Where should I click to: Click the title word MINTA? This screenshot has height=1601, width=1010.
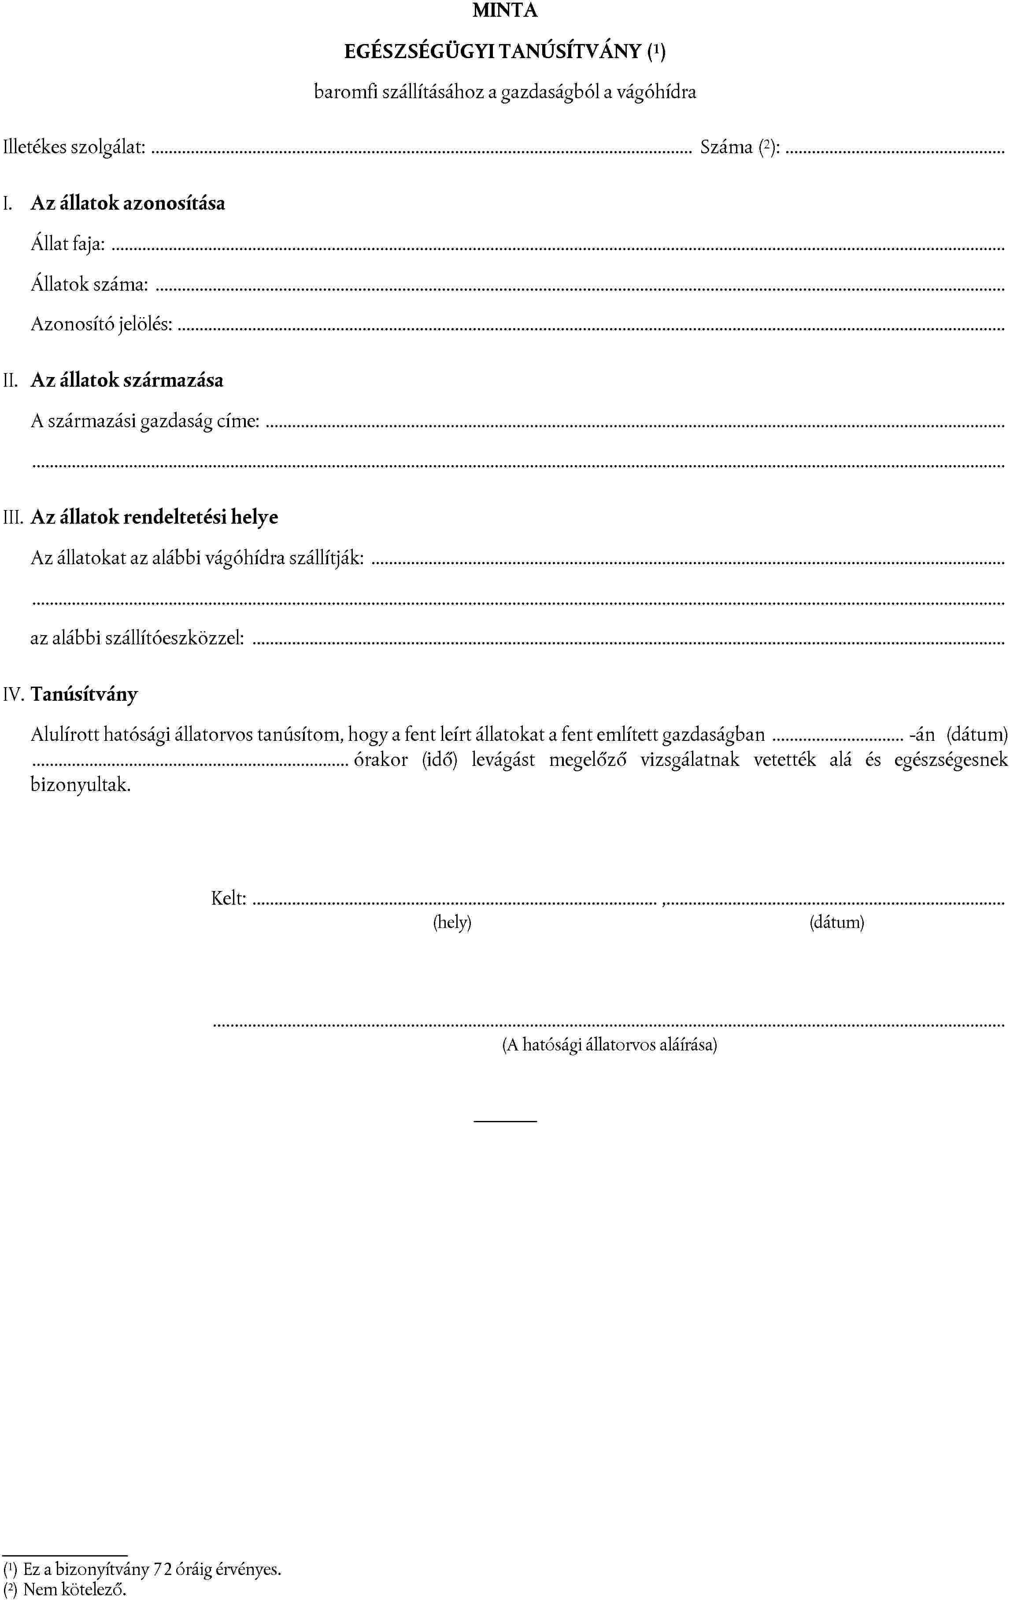coord(505,11)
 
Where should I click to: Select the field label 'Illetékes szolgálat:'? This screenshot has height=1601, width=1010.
coord(74,147)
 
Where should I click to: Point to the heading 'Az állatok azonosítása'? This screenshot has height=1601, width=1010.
coord(128,203)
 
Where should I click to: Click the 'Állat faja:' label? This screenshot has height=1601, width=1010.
coord(68,244)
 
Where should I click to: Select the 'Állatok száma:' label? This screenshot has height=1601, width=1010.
coord(89,285)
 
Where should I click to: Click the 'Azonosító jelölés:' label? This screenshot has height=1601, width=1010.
coord(101,325)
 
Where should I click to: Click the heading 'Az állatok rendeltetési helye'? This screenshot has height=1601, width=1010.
coord(154,517)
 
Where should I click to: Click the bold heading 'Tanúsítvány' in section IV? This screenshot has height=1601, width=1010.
coord(85,694)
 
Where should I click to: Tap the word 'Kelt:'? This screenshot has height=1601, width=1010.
coord(229,899)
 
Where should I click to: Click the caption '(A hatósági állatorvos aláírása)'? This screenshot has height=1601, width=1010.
coord(609,1045)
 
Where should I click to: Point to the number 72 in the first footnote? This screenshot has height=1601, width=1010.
coord(163,1570)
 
